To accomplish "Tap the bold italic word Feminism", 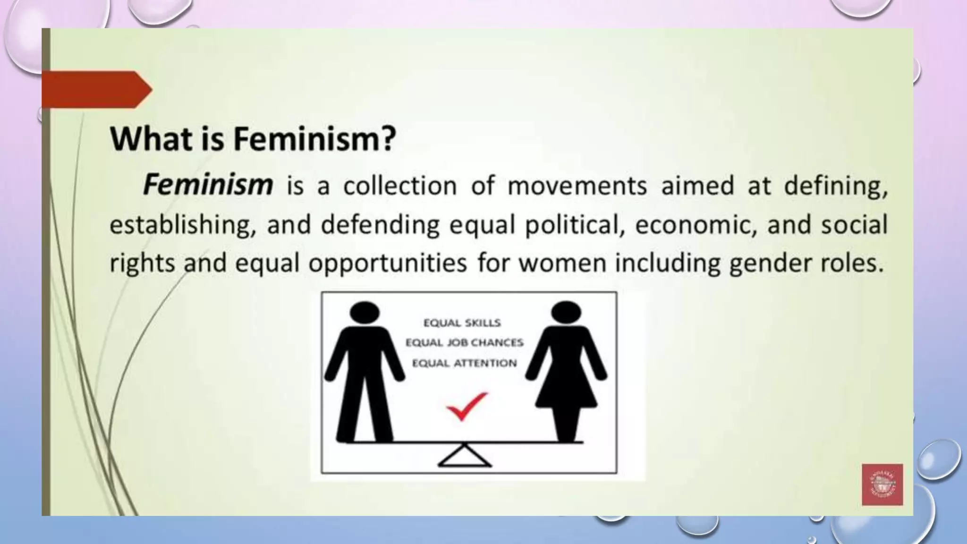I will pos(208,185).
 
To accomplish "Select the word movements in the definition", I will pos(577,186).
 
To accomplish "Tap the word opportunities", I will pos(387,263).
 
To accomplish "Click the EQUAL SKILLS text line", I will pos(462,323).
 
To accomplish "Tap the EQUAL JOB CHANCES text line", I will pos(464,342).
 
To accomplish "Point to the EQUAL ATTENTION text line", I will pos(464,363).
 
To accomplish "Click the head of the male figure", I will pos(365,313).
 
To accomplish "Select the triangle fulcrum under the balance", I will pos(465,456).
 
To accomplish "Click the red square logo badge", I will pos(882,484).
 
